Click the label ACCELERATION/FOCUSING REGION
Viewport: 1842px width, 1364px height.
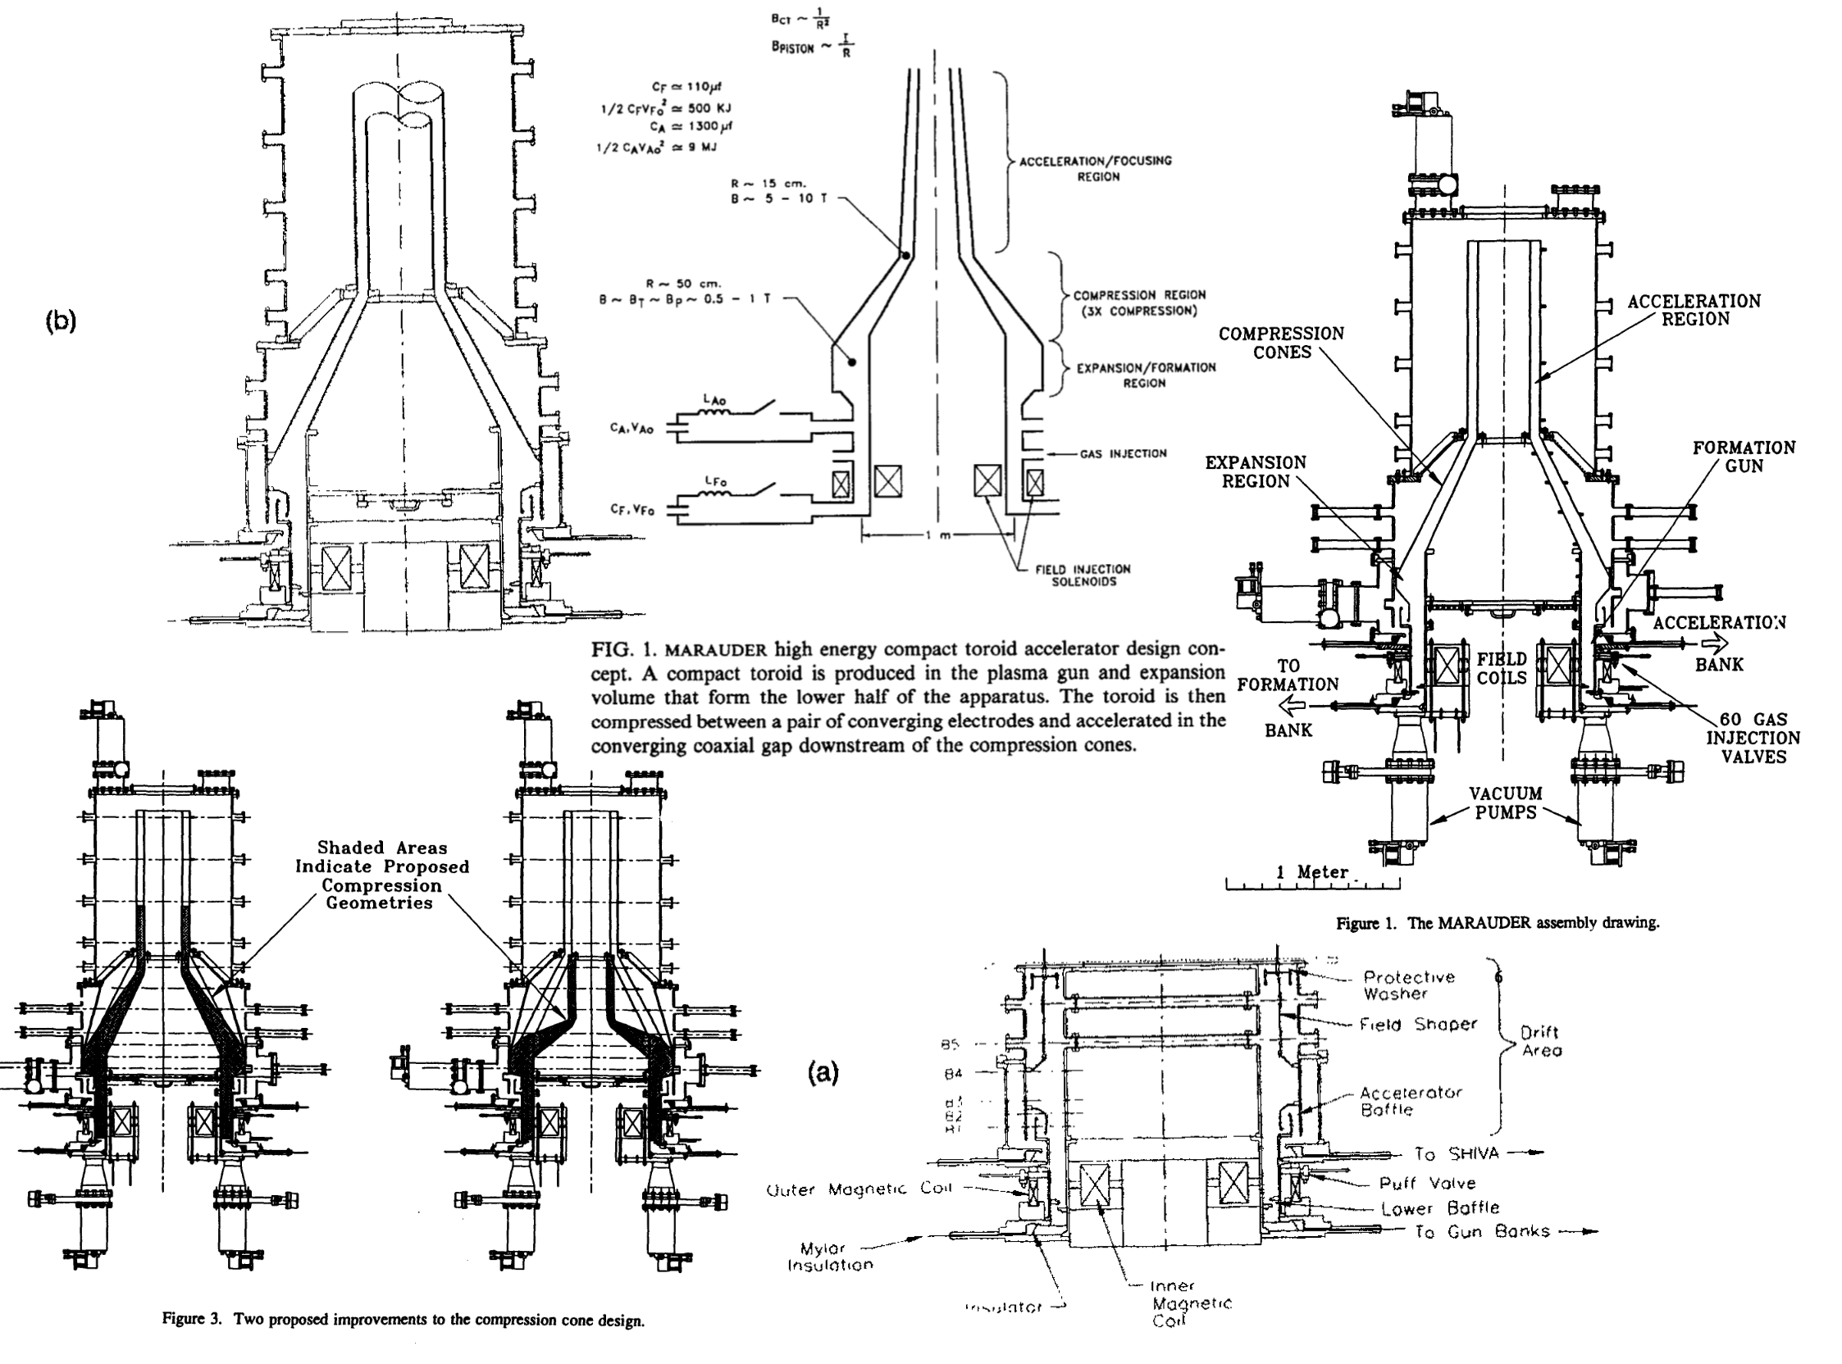click(x=1095, y=168)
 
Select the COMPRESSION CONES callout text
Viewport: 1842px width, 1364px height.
click(x=1281, y=343)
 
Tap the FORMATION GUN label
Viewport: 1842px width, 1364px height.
click(x=1743, y=457)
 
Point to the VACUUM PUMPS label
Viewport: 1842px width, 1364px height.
click(x=1506, y=802)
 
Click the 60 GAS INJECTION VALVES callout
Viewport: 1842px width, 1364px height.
click(x=1753, y=738)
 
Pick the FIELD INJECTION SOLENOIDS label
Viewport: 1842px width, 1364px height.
click(x=1083, y=575)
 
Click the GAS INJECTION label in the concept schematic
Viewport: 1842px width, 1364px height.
click(x=1123, y=453)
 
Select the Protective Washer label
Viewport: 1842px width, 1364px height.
click(x=1408, y=985)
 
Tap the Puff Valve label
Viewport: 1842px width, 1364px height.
click(x=1426, y=1183)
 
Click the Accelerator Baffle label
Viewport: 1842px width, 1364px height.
click(x=1410, y=1101)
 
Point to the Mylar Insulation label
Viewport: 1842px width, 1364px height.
click(x=828, y=1257)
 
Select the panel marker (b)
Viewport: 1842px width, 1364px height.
click(x=61, y=321)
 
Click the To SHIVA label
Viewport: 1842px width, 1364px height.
click(x=1455, y=1154)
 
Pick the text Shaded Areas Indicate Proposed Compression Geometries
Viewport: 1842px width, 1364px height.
click(x=381, y=875)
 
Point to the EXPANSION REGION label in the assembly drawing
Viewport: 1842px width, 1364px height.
click(x=1255, y=471)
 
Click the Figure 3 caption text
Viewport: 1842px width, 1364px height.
click(x=404, y=1320)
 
